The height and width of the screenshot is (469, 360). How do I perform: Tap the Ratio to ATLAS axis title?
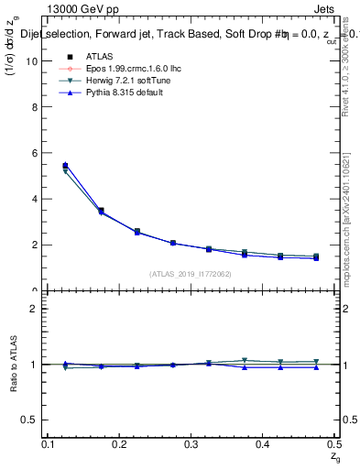[12, 365]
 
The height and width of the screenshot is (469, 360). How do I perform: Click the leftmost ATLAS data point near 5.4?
[65, 166]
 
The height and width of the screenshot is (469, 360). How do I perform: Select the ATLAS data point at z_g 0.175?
[101, 211]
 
